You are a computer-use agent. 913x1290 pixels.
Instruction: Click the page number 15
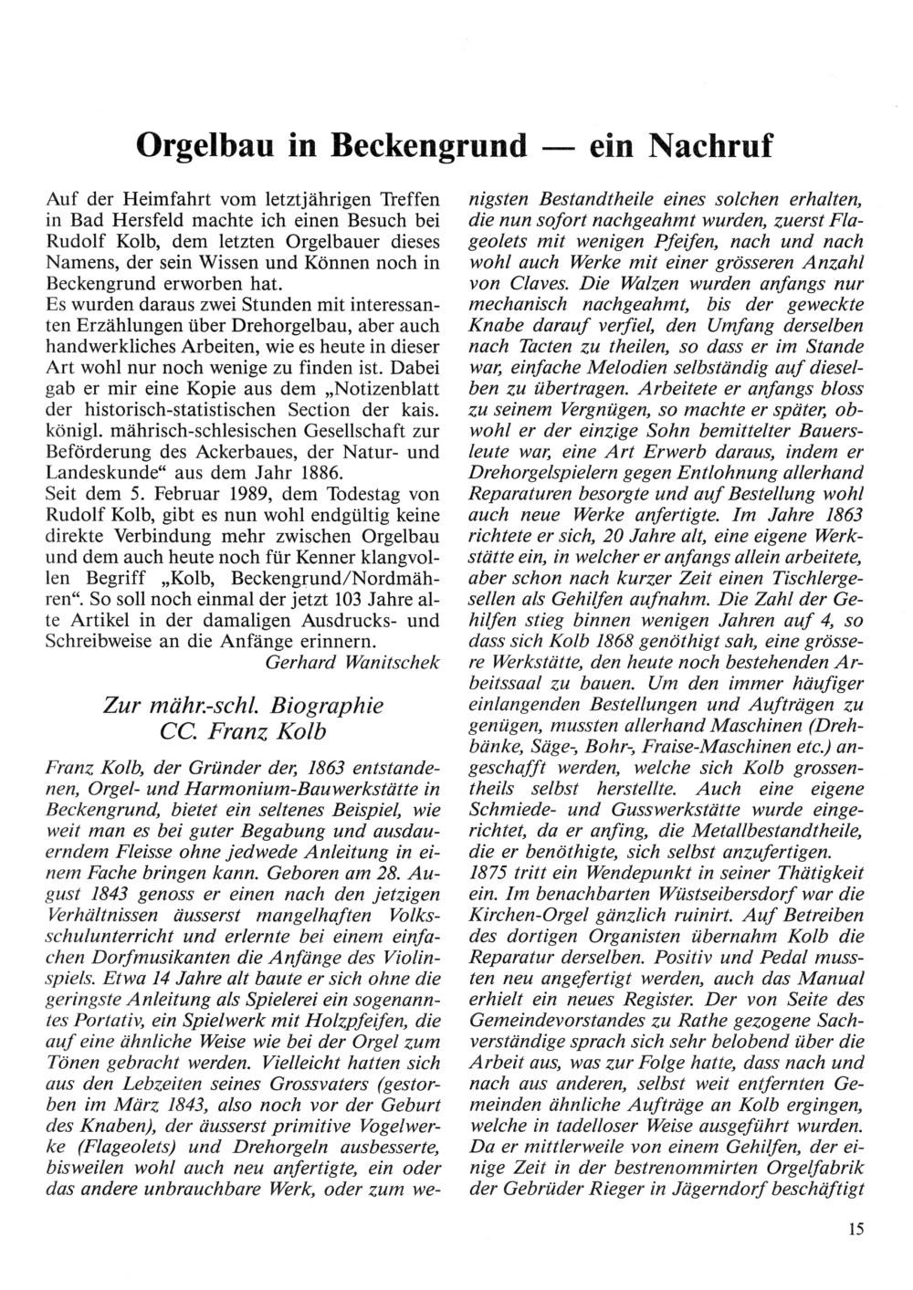854,1229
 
